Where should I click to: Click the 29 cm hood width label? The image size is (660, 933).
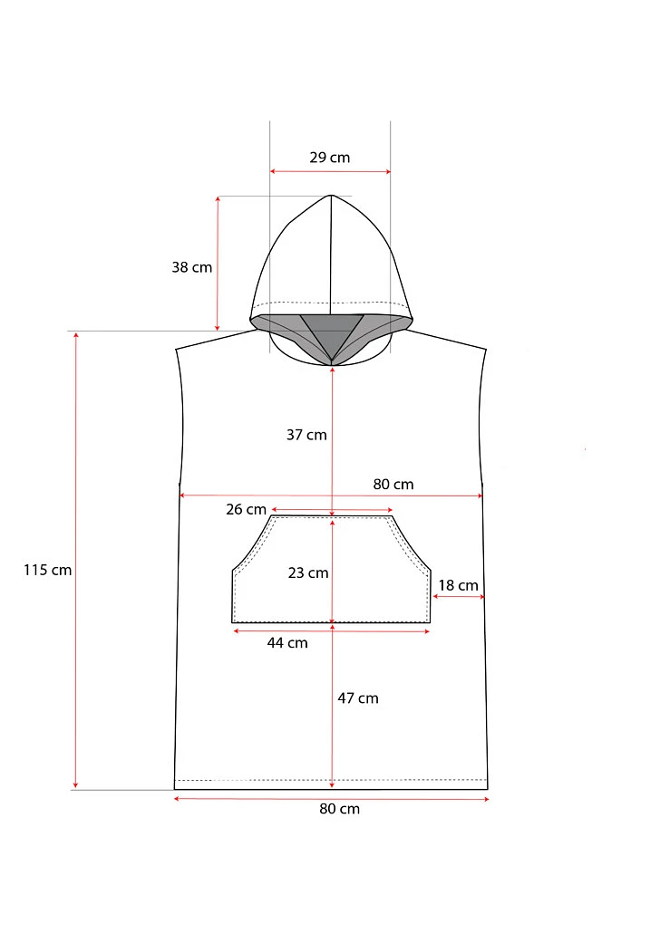pyautogui.click(x=329, y=158)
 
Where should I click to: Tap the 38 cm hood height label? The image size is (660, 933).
pyautogui.click(x=192, y=267)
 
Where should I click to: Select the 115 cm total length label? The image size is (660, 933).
pyautogui.click(x=48, y=570)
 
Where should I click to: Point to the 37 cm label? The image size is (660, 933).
pyautogui.click(x=306, y=435)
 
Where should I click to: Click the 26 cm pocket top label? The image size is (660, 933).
pyautogui.click(x=246, y=509)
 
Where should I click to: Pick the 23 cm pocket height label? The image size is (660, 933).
pyautogui.click(x=308, y=573)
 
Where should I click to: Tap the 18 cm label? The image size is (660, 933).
pyautogui.click(x=458, y=585)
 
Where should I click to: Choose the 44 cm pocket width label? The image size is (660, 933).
pyautogui.click(x=287, y=642)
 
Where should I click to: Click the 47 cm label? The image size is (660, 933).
pyautogui.click(x=358, y=698)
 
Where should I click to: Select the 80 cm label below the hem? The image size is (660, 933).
pyautogui.click(x=340, y=809)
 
